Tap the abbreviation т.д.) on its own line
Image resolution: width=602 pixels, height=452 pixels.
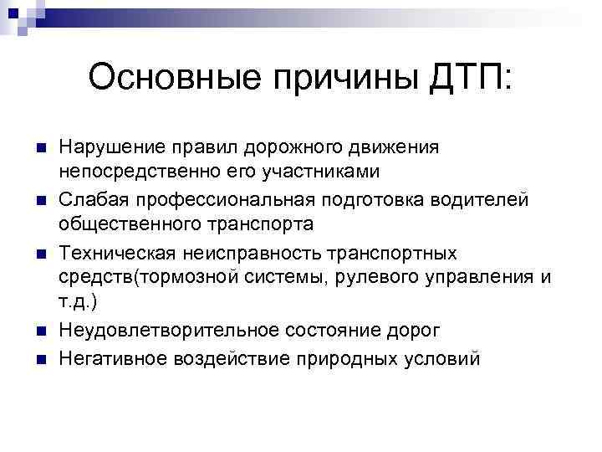[79, 306]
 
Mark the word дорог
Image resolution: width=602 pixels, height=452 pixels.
[414, 333]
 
